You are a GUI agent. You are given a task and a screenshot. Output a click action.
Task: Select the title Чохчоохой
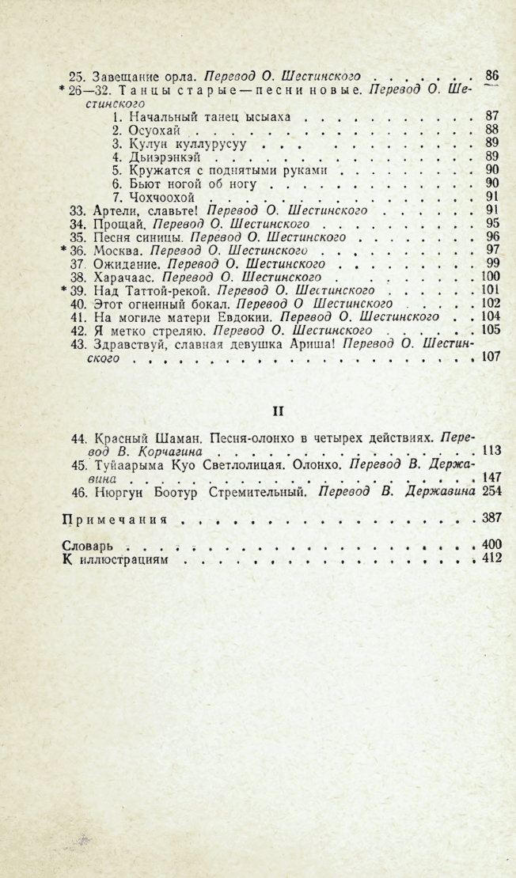point(163,197)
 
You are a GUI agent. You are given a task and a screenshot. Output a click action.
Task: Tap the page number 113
point(491,452)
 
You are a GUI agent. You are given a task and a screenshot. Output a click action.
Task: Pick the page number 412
point(492,560)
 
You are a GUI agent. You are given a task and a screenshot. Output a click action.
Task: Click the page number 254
point(491,493)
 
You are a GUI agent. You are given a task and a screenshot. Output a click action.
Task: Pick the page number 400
point(492,546)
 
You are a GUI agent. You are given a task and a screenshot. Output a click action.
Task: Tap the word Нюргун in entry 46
point(118,493)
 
